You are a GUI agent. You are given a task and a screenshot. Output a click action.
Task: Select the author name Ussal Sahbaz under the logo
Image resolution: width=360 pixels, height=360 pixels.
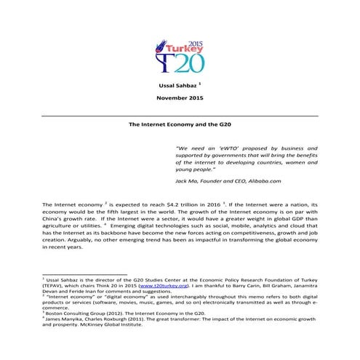pyautogui.click(x=177, y=87)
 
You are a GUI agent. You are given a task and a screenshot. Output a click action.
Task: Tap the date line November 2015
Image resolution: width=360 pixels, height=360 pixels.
pyautogui.click(x=180, y=100)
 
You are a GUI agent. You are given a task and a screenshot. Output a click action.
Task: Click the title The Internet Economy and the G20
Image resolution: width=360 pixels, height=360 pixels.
pyautogui.click(x=180, y=125)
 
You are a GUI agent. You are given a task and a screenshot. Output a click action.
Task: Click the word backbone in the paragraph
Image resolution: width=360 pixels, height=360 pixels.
pyautogui.click(x=130, y=241)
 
